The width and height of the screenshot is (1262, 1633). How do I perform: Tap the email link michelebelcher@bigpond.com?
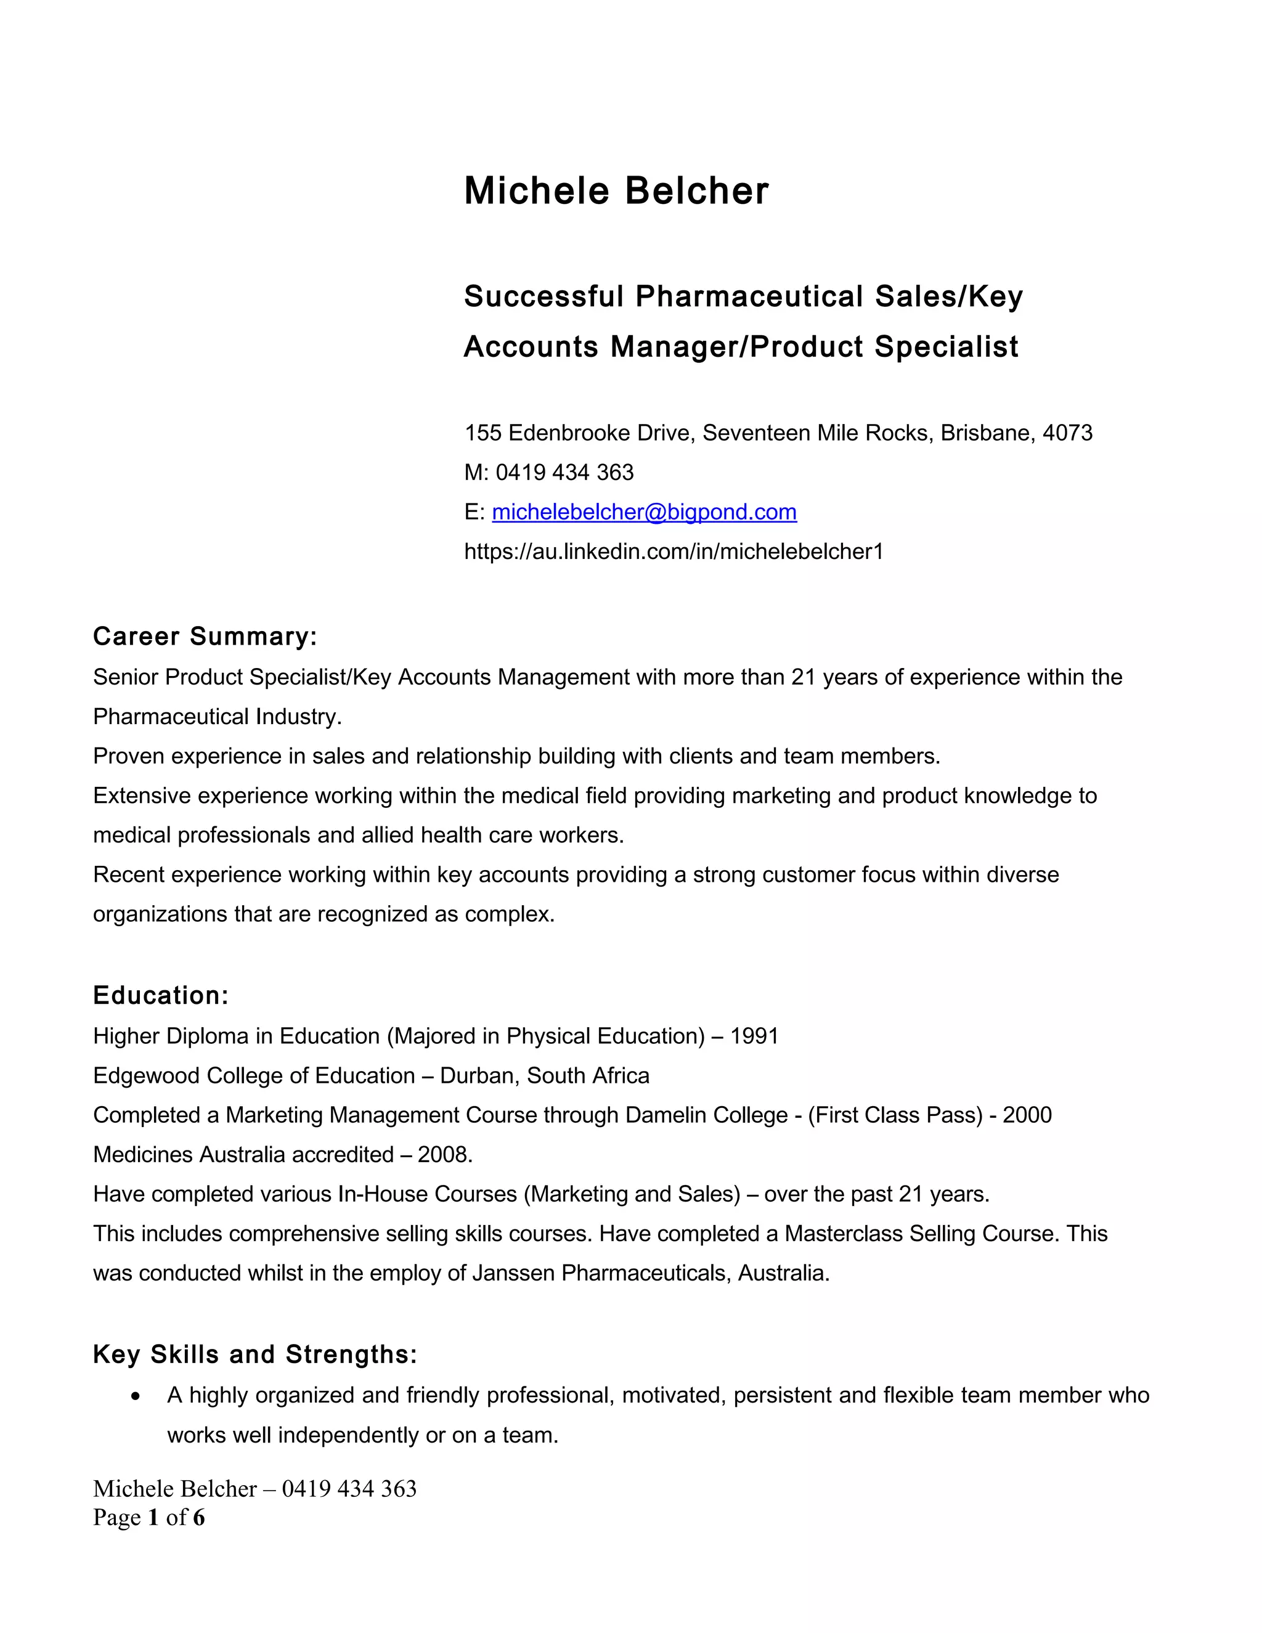pos(644,512)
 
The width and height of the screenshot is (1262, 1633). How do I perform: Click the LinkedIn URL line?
pos(673,552)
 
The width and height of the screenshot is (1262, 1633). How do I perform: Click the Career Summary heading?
pos(205,637)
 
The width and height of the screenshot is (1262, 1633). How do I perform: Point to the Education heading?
pos(160,995)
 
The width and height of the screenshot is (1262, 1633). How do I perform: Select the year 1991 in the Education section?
pos(754,1036)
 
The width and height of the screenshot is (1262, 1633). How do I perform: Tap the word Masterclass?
pos(842,1234)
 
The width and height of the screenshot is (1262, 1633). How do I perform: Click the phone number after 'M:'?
pos(564,473)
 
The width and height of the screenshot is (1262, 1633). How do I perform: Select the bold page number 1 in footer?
pos(153,1517)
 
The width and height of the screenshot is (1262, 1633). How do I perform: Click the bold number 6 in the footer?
pos(198,1517)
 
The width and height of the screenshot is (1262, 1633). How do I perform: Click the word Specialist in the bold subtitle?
pos(946,347)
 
